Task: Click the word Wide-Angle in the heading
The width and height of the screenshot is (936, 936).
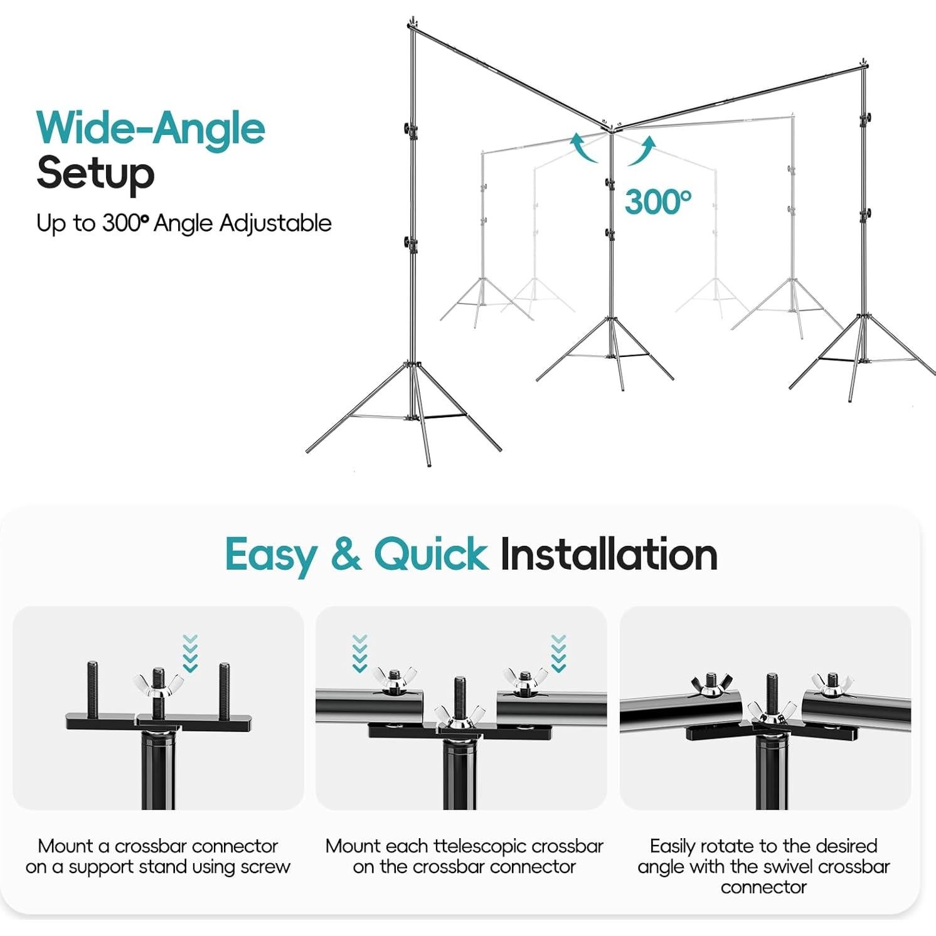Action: click(151, 129)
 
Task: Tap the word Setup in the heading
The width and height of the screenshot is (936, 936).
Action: click(95, 173)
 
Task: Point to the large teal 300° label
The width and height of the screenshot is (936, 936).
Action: click(657, 202)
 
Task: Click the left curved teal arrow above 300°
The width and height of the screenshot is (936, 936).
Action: click(582, 148)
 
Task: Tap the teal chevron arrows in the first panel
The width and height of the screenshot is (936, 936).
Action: click(190, 653)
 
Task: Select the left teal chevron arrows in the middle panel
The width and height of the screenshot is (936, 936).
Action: click(359, 653)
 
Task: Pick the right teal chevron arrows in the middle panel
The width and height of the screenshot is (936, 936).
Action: click(558, 653)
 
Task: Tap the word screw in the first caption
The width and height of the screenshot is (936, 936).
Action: click(265, 867)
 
